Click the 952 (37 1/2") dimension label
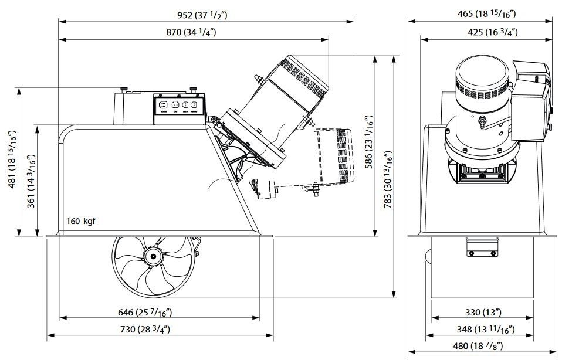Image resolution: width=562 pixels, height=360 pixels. pos(202,15)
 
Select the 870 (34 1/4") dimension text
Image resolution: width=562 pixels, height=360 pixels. pos(191,32)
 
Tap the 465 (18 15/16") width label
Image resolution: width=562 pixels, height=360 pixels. pos(486,14)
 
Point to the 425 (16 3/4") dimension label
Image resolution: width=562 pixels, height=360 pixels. pos(493,32)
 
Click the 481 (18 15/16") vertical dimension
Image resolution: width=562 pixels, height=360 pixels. pos(12,159)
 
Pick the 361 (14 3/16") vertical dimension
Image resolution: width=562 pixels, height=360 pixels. pos(31,181)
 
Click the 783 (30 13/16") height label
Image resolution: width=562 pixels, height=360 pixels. pos(388,179)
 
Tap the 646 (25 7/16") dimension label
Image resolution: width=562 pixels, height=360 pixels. pos(145,313)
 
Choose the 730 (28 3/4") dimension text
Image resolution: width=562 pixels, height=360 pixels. pos(145,329)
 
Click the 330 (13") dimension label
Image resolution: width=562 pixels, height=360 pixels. pos(483,312)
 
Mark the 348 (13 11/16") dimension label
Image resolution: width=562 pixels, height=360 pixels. pos(486,329)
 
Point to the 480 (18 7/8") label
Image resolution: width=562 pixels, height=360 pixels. pos(483,346)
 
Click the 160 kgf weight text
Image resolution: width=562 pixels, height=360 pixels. pos(81,221)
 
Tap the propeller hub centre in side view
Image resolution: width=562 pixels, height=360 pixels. pos(153,256)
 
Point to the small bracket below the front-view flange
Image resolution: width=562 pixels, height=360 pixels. pos(482,247)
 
